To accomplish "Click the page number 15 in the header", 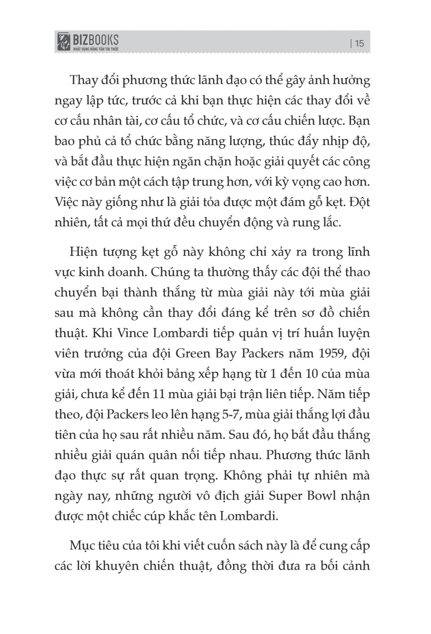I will [359, 43].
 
